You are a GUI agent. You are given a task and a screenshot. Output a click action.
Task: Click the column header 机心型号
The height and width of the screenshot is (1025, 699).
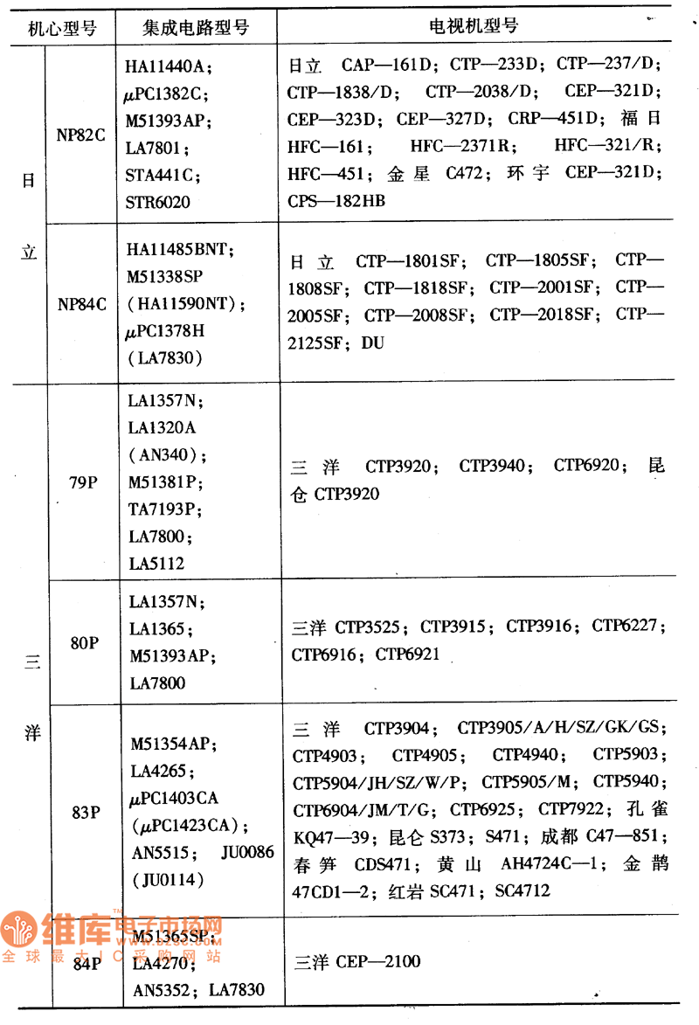pos(61,27)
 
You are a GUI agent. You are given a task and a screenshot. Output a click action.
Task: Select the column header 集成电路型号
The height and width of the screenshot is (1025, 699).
pos(196,27)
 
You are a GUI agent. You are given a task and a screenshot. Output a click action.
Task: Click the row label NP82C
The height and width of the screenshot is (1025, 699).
pos(82,135)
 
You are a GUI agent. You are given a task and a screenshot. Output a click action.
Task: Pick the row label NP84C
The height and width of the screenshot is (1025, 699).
pos(82,304)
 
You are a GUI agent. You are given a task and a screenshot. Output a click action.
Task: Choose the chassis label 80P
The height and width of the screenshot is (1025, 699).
pos(84,642)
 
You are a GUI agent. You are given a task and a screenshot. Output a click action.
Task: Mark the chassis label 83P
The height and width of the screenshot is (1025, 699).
pos(84,812)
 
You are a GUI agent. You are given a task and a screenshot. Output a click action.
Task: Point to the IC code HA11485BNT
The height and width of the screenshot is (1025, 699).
pos(180,249)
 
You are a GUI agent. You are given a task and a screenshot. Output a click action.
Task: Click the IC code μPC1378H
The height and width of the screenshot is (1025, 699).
pos(171,330)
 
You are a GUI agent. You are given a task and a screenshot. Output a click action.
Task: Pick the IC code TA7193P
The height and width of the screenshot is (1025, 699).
pos(165,509)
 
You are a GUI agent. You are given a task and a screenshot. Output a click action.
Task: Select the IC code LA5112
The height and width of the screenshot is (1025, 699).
pos(156,564)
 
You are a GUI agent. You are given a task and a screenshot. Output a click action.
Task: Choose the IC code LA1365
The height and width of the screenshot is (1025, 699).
pos(158,628)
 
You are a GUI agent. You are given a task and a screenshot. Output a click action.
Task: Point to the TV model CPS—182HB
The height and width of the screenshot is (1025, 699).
pos(336,200)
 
